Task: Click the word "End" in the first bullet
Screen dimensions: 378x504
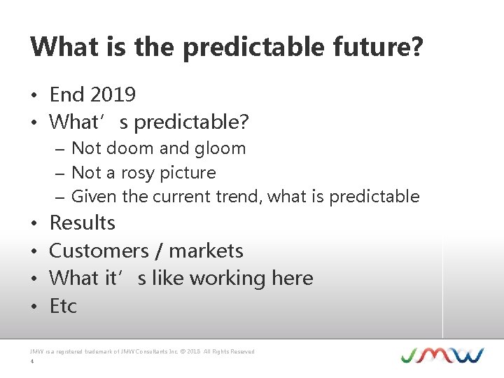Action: (x=66, y=94)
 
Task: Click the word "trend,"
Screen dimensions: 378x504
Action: (x=240, y=197)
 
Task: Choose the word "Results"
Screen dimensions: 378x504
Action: (x=82, y=223)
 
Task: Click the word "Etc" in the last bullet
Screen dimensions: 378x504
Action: (x=63, y=306)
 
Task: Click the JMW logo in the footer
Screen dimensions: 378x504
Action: (x=442, y=354)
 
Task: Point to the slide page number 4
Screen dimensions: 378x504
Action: (x=32, y=362)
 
